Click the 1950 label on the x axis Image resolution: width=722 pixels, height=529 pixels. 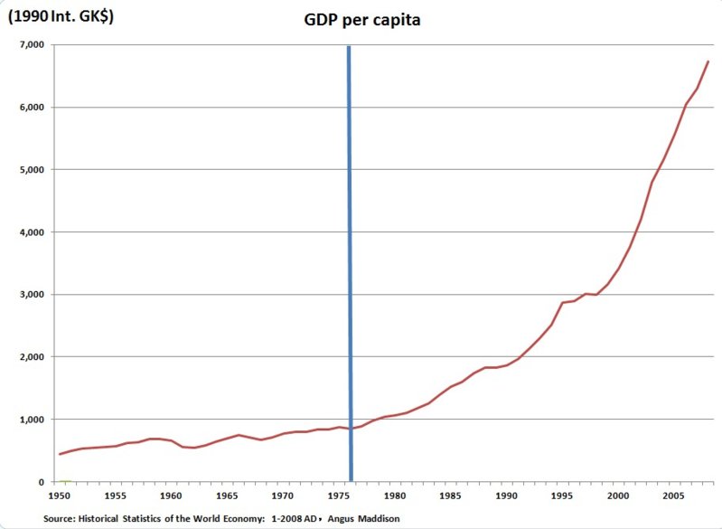coord(59,496)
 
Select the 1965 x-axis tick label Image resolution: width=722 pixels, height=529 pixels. coord(227,496)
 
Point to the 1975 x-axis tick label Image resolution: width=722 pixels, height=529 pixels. coord(339,496)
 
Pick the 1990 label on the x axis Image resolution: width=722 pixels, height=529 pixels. coord(506,496)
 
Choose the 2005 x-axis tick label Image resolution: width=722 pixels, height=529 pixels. coord(674,496)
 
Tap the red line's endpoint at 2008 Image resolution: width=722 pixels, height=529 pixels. coord(708,61)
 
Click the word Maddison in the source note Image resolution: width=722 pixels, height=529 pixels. coord(379,519)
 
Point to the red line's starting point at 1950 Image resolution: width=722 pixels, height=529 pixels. coord(60,454)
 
